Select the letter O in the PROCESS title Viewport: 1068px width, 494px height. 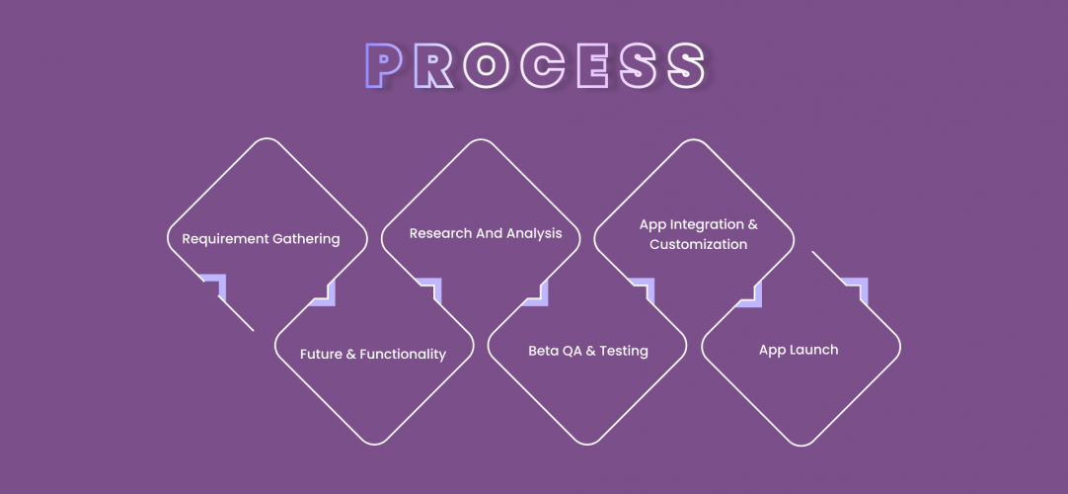tap(485, 66)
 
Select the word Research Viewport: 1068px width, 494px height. tap(441, 234)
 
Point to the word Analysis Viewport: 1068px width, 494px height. tap(534, 234)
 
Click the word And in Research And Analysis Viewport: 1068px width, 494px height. tap(490, 234)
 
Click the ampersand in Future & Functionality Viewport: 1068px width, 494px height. tap(351, 354)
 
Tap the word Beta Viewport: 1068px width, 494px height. tap(543, 351)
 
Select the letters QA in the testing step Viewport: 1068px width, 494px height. tap(572, 351)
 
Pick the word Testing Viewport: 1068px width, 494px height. tap(624, 351)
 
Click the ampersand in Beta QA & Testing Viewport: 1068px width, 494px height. tap(591, 351)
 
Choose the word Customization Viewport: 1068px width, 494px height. tap(698, 244)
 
